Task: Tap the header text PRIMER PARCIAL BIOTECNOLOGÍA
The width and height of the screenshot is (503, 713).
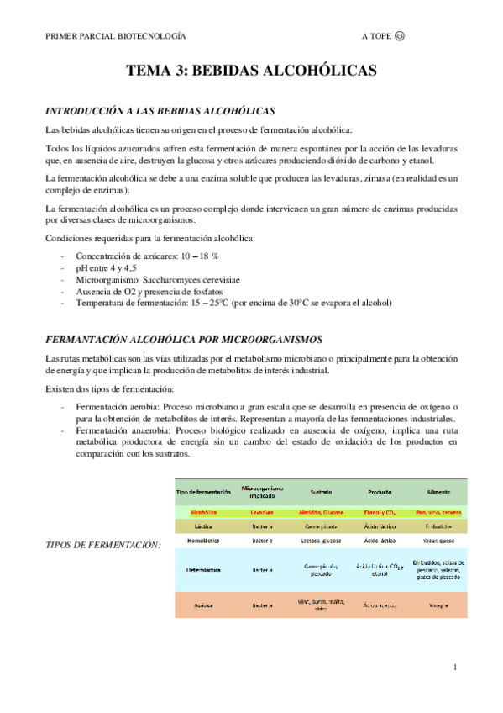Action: tap(116, 37)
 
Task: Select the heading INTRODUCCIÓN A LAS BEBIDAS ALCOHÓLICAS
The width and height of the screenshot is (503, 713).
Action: tap(160, 111)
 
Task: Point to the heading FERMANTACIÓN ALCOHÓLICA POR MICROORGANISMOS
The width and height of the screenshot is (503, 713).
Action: tap(183, 340)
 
